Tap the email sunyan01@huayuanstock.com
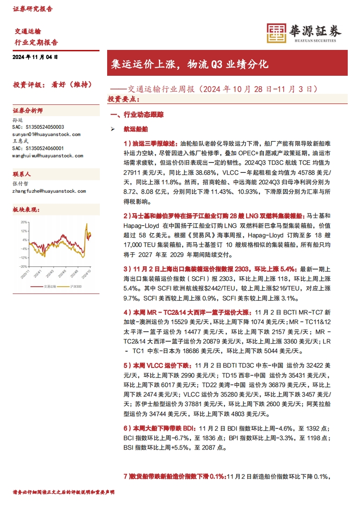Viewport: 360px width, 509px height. pyautogui.click(x=46, y=134)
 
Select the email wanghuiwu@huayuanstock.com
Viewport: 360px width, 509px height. pyautogui.click(x=48, y=155)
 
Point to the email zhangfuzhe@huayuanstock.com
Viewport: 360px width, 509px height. pyautogui.click(x=49, y=191)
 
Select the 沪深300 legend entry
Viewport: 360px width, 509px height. pyautogui.click(x=75, y=287)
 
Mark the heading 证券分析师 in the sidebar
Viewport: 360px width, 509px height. pyautogui.click(x=28, y=111)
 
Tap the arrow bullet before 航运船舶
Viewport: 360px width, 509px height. pyautogui.click(x=113, y=129)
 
